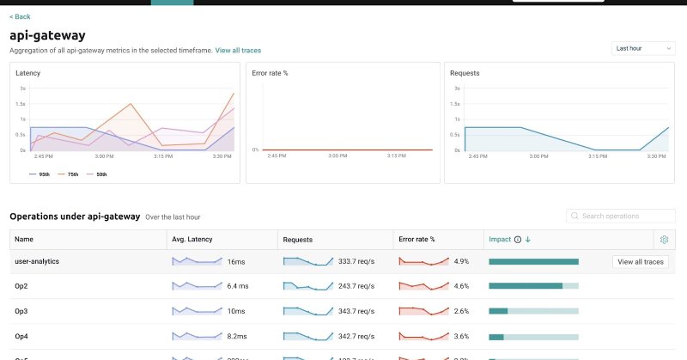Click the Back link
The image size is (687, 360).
click(x=20, y=16)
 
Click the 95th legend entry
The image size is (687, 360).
click(x=41, y=174)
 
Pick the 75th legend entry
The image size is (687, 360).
click(x=70, y=174)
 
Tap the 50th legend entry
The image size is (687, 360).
click(x=99, y=174)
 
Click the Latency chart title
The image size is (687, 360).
click(x=28, y=73)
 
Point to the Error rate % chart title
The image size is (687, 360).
click(x=271, y=73)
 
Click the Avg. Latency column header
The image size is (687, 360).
click(x=192, y=240)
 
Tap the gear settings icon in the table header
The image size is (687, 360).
click(x=663, y=240)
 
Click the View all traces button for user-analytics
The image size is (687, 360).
click(x=641, y=262)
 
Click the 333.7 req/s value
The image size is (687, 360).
click(x=355, y=261)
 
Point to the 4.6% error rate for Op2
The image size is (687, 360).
click(x=461, y=285)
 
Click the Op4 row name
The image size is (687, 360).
click(x=22, y=335)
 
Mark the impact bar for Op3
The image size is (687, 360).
click(x=533, y=310)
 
